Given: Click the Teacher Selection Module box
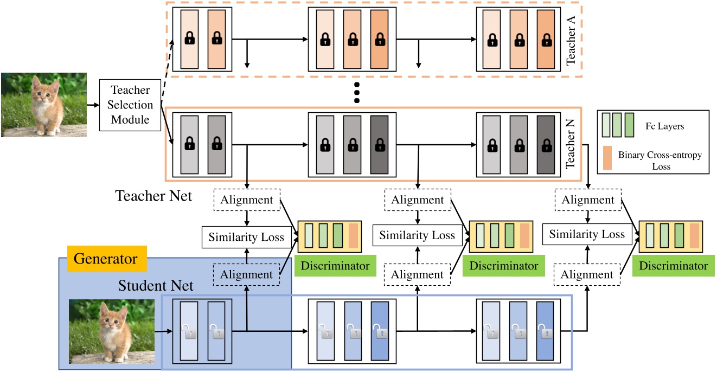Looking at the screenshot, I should [x=130, y=105].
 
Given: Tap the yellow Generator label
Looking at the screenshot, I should [x=105, y=259].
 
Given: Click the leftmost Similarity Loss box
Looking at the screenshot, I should [x=246, y=237].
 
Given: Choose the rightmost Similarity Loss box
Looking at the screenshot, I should [x=587, y=235].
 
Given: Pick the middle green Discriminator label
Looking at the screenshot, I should [x=504, y=266].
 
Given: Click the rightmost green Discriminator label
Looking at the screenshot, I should [x=673, y=266].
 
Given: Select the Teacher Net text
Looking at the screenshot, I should [x=153, y=196].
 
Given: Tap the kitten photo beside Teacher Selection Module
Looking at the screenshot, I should [x=43, y=105].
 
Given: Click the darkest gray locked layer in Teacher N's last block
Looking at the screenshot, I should [x=545, y=145].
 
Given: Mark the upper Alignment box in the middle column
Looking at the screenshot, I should [x=418, y=200].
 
